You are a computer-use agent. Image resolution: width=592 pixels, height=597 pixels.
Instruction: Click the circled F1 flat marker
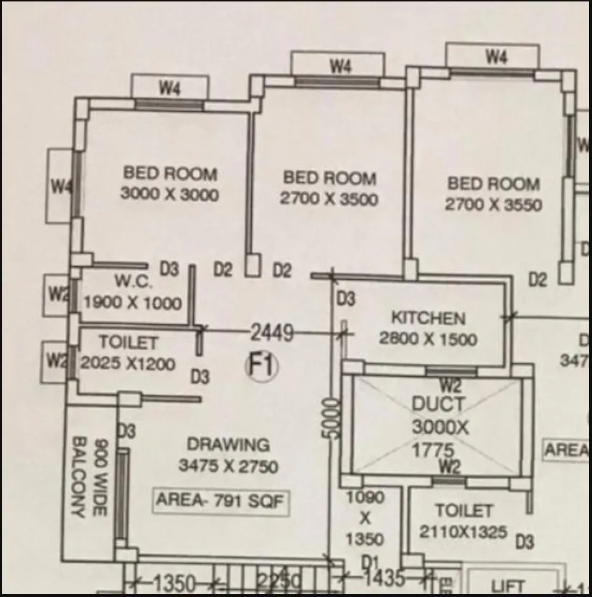click(x=262, y=367)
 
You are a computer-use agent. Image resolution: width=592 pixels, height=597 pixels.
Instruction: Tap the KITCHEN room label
click(x=428, y=318)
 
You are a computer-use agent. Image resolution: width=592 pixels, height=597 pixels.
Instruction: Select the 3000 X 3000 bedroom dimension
click(x=169, y=194)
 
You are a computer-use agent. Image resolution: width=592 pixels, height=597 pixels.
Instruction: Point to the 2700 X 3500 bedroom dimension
click(x=329, y=199)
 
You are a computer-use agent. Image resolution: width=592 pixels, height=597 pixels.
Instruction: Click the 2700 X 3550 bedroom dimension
click(x=493, y=205)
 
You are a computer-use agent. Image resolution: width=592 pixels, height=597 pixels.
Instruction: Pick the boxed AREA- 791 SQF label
click(x=222, y=501)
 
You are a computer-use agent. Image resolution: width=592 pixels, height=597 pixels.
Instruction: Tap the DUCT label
click(x=438, y=404)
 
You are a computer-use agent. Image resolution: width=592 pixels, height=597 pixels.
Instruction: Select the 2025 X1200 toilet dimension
click(x=128, y=364)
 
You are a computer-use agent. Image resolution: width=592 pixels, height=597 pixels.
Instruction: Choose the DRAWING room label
click(x=228, y=445)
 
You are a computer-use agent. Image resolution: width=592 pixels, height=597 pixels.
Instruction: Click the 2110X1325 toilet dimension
click(x=463, y=533)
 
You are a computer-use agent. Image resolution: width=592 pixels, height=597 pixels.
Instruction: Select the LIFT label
click(x=508, y=586)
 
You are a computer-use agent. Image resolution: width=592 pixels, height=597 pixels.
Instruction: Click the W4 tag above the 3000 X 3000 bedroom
click(x=169, y=89)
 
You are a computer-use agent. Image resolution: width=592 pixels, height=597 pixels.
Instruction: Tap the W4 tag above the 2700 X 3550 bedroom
click(x=496, y=56)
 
